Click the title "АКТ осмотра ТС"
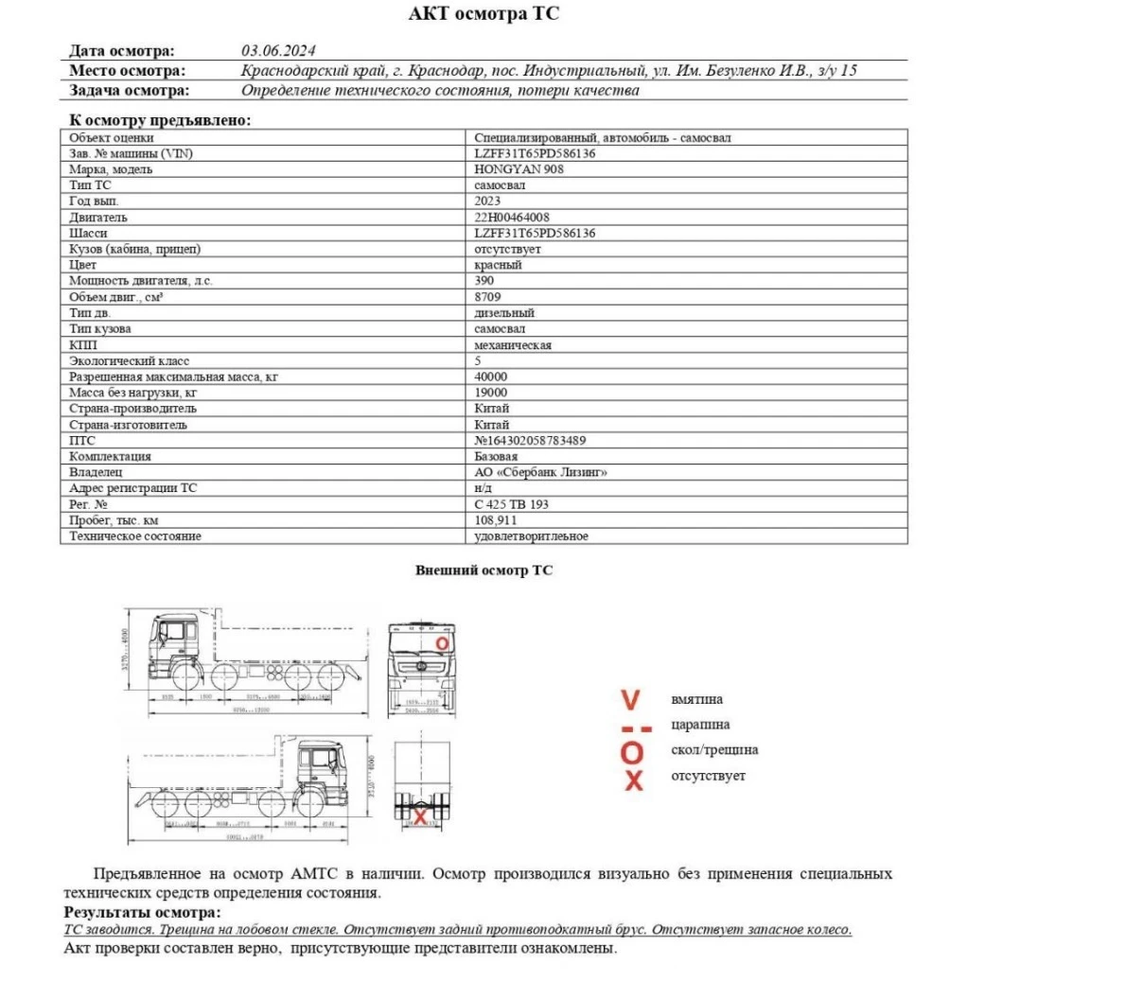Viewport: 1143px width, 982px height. click(484, 13)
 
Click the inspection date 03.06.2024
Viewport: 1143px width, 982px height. click(278, 51)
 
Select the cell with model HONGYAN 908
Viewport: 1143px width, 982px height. click(519, 169)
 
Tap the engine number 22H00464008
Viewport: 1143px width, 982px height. click(512, 218)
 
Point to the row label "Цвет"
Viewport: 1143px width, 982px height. click(83, 265)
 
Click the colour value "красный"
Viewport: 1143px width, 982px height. click(498, 265)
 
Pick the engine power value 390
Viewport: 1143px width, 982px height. click(484, 281)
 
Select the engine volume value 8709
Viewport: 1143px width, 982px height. click(487, 297)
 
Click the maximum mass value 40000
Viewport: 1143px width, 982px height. click(490, 377)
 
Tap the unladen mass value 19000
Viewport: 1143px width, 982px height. click(490, 393)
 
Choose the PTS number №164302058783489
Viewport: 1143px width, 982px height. click(530, 441)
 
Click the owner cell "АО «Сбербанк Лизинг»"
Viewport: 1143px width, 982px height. click(540, 472)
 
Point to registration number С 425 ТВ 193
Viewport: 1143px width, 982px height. click(511, 504)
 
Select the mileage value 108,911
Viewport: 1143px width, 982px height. click(496, 520)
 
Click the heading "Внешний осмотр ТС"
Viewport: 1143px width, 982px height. click(484, 570)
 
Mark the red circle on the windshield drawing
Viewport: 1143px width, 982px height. click(442, 643)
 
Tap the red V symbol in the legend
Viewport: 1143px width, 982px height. click(630, 700)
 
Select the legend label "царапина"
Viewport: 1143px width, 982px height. click(700, 725)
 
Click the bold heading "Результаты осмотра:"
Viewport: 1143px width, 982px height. click(142, 912)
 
